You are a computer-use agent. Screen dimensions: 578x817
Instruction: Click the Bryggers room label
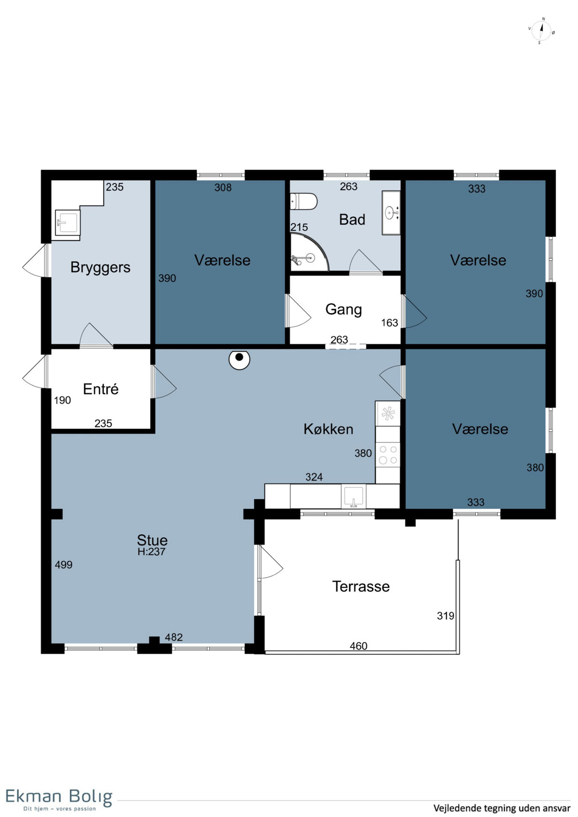[x=100, y=268]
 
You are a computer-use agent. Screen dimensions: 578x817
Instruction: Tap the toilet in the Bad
[x=303, y=201]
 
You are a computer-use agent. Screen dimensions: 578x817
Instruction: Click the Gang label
[x=343, y=310]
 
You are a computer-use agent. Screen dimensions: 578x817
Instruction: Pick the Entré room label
[x=101, y=389]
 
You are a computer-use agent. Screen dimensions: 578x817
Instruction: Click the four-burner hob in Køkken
[x=388, y=454]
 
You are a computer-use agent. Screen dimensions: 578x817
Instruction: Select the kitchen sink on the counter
[x=354, y=496]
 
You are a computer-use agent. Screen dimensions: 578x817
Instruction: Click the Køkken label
[x=328, y=429]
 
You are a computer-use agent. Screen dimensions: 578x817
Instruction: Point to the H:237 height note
[x=151, y=551]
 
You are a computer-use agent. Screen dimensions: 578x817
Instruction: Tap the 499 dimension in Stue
[x=64, y=565]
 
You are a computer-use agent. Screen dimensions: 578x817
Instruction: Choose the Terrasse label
[x=361, y=586]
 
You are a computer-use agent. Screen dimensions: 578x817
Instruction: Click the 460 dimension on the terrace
[x=358, y=646]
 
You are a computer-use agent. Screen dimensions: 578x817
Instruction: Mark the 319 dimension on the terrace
[x=446, y=616]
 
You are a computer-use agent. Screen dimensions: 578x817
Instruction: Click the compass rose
[x=541, y=31]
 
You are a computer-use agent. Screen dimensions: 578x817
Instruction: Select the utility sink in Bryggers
[x=67, y=222]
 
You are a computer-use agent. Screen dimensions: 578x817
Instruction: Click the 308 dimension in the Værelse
[x=223, y=187]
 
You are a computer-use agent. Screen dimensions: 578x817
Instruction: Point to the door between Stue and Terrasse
[x=270, y=562]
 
